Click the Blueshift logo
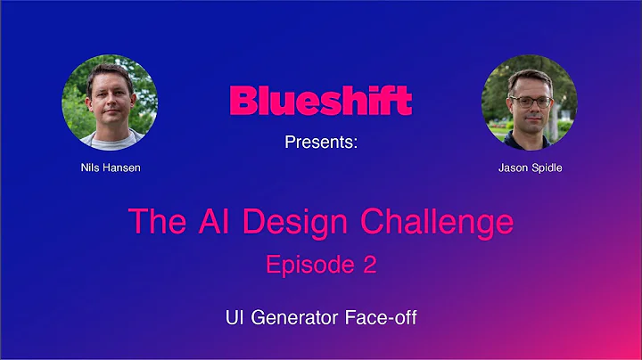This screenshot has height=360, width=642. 320,101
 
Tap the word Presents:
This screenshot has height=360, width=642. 320,143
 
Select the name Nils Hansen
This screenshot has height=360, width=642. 110,167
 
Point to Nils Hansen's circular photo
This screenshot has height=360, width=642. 110,102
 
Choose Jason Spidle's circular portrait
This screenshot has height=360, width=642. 529,102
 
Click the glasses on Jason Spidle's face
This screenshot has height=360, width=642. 530,101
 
